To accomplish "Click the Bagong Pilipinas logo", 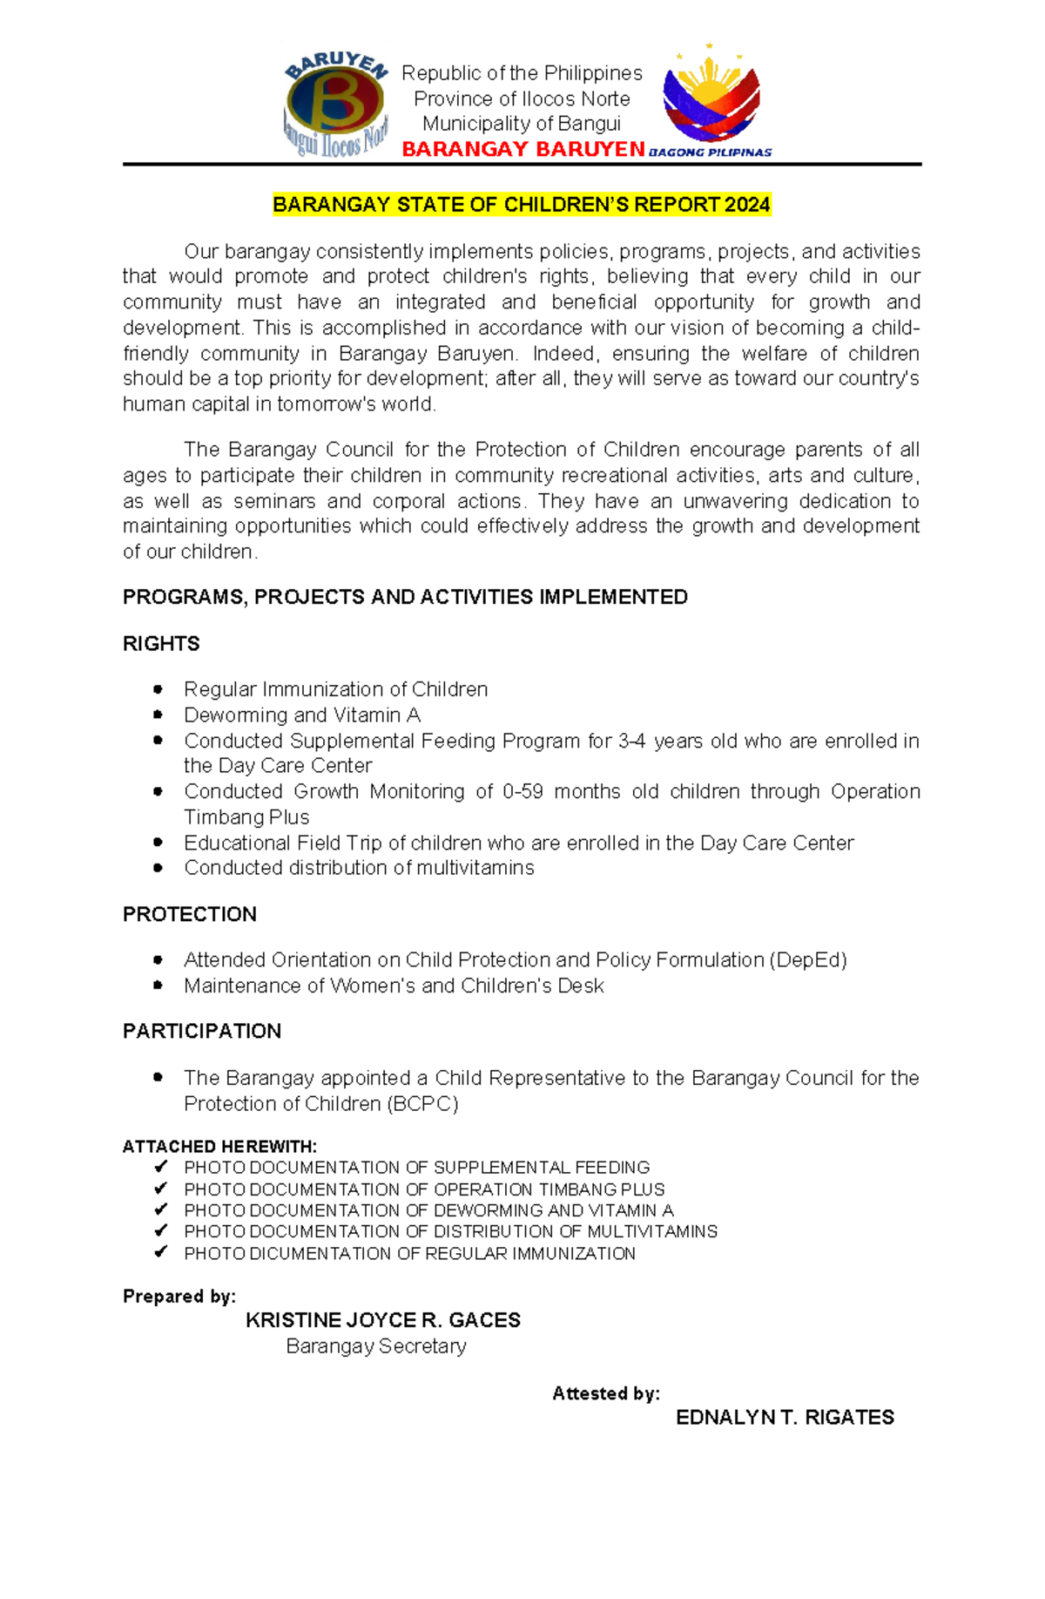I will (x=712, y=98).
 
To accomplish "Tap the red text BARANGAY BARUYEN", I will (x=523, y=150).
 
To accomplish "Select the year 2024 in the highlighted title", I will (x=747, y=205).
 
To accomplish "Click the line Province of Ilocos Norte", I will (x=522, y=98).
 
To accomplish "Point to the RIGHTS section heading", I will (x=161, y=644).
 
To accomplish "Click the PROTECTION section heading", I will (x=190, y=914).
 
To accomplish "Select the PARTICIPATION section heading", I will (x=202, y=1032).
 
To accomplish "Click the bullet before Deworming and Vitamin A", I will (x=158, y=715).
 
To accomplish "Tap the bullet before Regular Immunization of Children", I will (x=158, y=689).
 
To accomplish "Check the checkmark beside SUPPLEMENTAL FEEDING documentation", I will (x=160, y=1167).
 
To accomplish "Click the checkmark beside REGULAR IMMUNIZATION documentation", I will (x=160, y=1252).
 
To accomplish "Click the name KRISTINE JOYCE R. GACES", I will (x=383, y=1320).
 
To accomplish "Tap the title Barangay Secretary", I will (x=376, y=1346).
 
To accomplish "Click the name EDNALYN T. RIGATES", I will (x=785, y=1418).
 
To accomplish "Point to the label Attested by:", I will (x=606, y=1393).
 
